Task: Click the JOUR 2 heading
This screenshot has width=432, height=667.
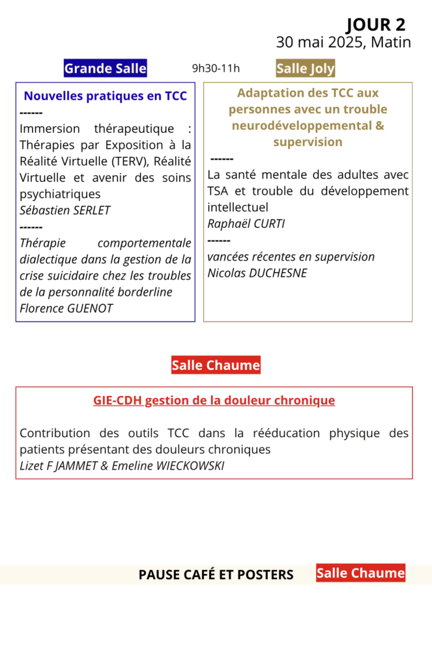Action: (375, 25)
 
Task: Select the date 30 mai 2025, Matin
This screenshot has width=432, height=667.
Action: (343, 42)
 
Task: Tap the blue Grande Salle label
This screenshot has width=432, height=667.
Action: (105, 68)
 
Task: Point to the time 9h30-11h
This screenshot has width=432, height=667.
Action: (216, 68)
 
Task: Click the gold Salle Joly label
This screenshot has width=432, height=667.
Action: (306, 68)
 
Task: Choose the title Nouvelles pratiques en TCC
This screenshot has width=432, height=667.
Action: (105, 96)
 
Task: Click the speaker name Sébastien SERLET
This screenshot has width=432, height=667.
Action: (65, 210)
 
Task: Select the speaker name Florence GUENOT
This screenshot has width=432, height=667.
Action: (66, 308)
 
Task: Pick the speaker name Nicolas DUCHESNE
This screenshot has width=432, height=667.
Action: (257, 273)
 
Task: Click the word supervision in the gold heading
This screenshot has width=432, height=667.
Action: (308, 141)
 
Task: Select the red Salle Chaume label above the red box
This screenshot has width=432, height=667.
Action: (216, 365)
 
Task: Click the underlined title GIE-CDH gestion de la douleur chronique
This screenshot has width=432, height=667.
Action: (214, 400)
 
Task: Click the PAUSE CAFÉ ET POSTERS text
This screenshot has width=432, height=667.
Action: (216, 575)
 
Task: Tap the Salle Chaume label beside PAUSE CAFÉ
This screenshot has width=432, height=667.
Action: (360, 573)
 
